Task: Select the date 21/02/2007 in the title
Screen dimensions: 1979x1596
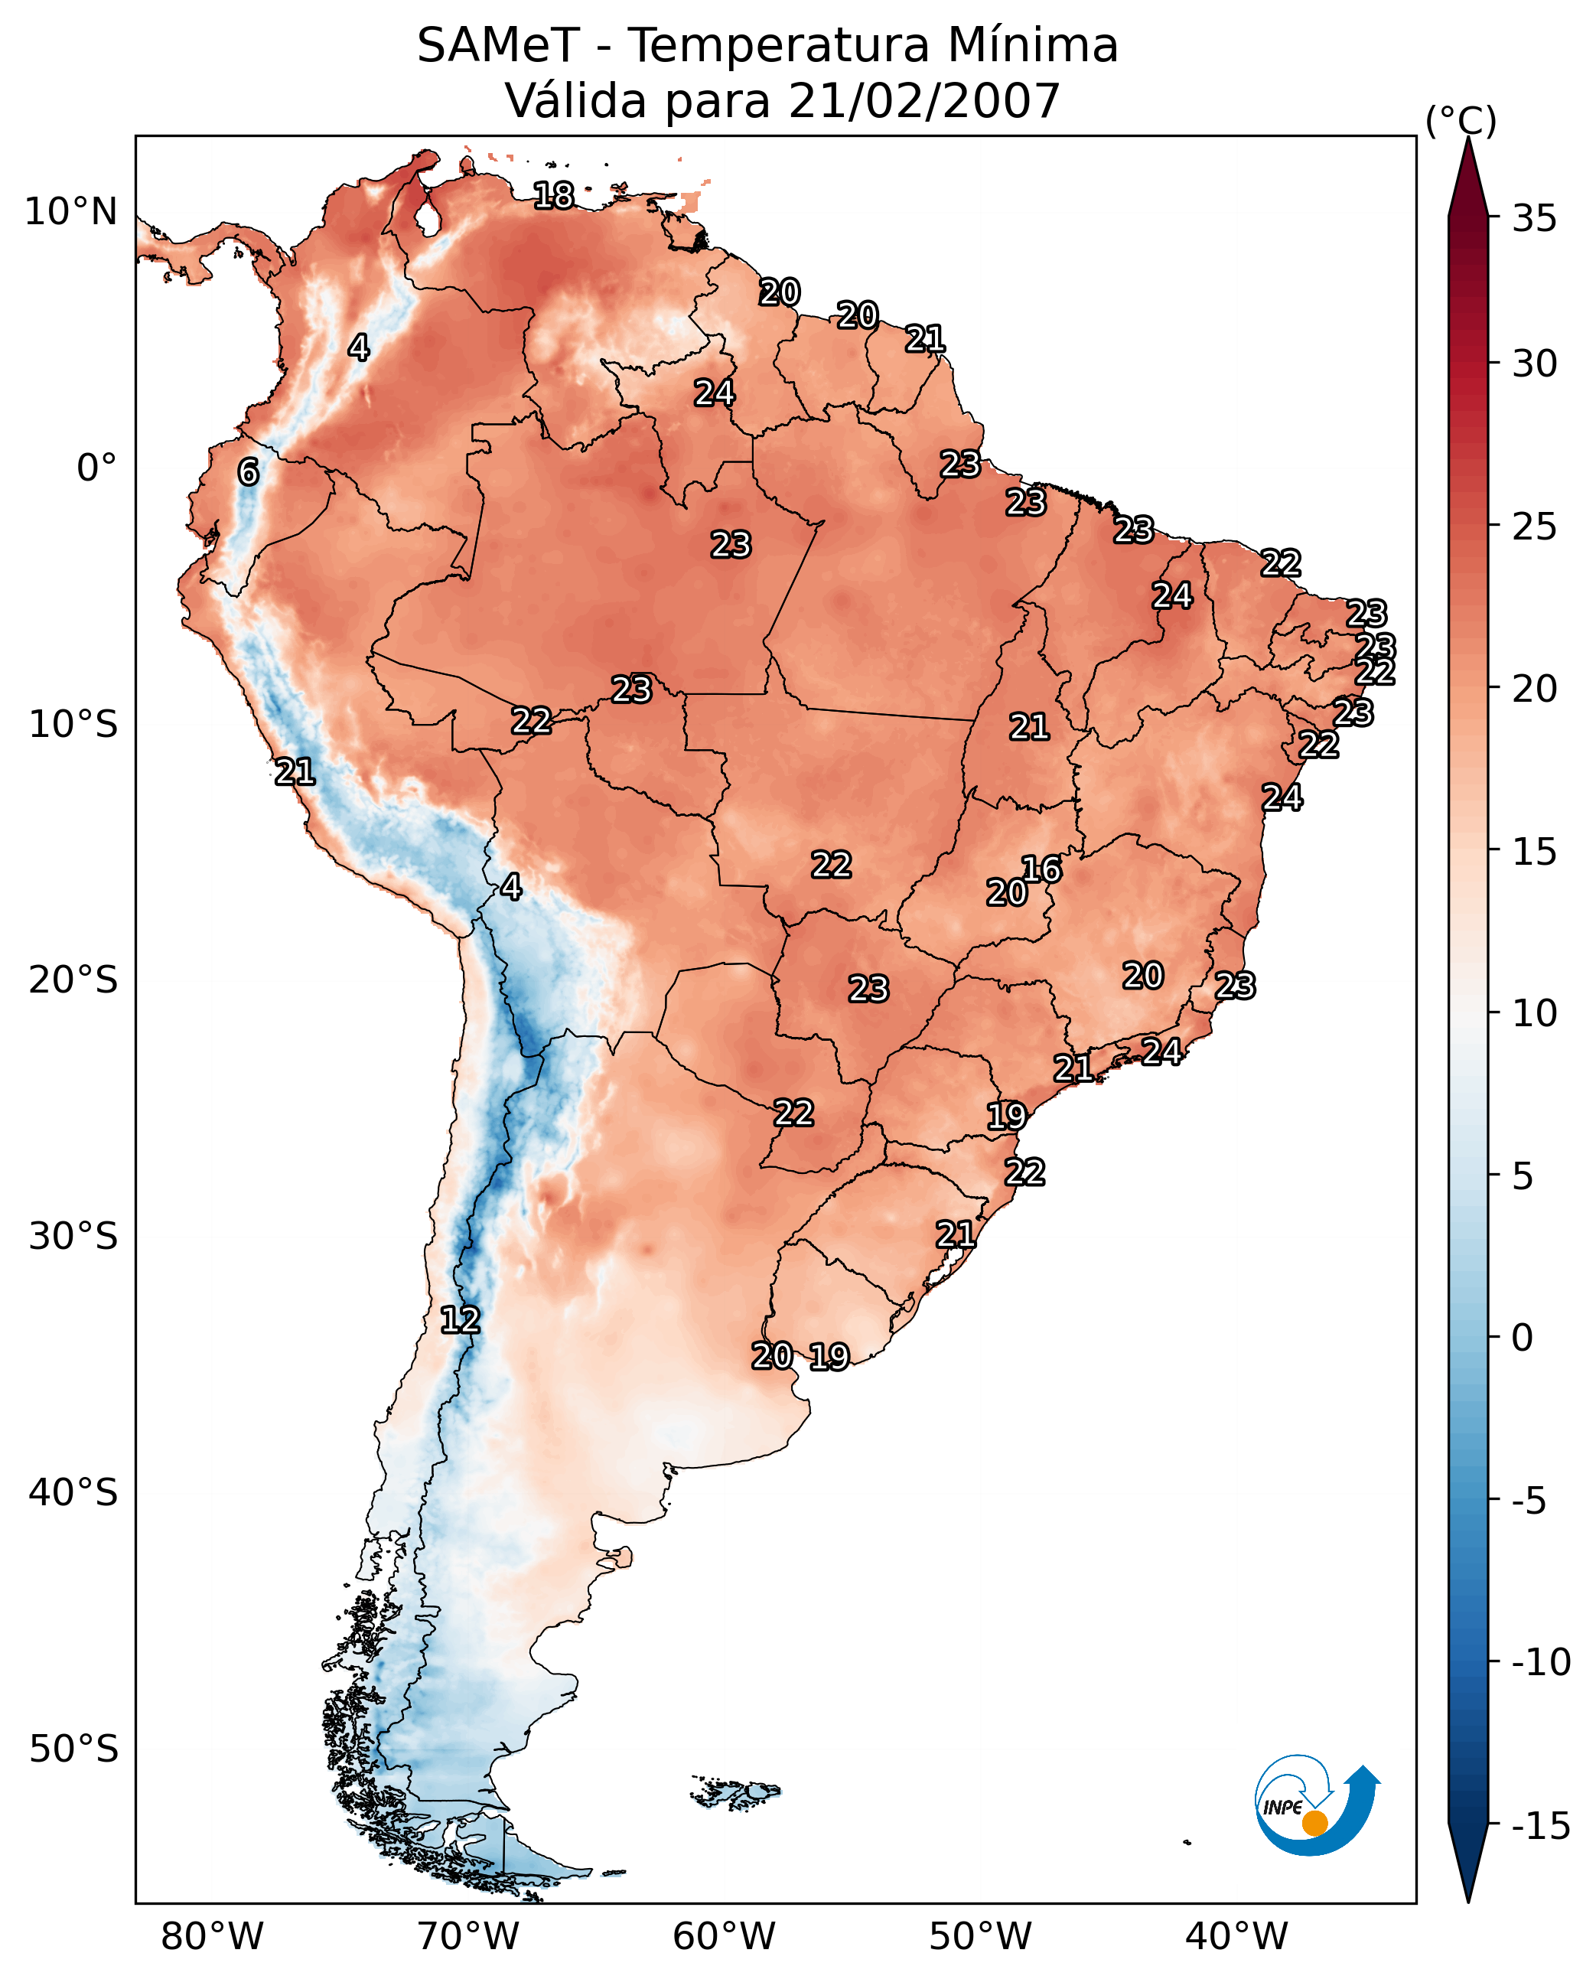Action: coord(924,101)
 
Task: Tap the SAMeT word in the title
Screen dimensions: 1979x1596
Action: coord(497,46)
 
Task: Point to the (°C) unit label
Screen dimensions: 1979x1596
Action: coord(1460,120)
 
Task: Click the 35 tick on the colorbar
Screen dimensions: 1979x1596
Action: coord(1534,219)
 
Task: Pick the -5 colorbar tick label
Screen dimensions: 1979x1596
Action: coord(1534,1501)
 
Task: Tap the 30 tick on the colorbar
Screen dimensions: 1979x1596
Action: coord(1534,364)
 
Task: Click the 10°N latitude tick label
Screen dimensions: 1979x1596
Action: coord(71,213)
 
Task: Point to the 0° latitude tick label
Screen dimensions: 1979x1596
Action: coord(96,468)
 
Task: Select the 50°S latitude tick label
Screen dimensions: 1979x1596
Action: coord(73,1748)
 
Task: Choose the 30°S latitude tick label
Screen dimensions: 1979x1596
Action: coord(73,1237)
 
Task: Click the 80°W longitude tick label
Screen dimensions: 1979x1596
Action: coord(213,1936)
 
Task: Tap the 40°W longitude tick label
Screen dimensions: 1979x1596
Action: coord(1236,1936)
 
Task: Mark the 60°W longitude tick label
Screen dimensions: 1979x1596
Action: coord(725,1936)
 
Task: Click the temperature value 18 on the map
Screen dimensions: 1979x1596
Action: coord(553,196)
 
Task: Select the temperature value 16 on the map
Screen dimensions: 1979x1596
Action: coord(1041,869)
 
